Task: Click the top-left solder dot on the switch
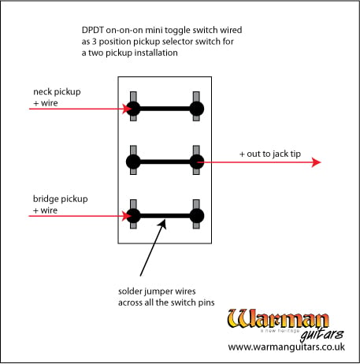tap(133, 109)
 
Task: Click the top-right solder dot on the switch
tap(197, 109)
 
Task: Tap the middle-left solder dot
tap(133, 162)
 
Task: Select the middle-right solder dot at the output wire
tap(197, 162)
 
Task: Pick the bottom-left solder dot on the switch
tap(133, 216)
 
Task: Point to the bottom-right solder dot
tap(197, 216)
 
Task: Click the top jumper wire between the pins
tap(165, 109)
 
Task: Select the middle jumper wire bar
tap(165, 162)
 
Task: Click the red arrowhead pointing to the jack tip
tap(316, 162)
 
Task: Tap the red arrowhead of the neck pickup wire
tap(127, 109)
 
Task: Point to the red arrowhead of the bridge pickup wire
tap(127, 216)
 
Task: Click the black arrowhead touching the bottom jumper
tap(163, 224)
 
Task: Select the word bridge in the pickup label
tap(45, 199)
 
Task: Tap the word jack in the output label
tap(279, 154)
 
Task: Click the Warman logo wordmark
tap(278, 319)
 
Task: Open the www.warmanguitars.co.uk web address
tap(286, 347)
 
